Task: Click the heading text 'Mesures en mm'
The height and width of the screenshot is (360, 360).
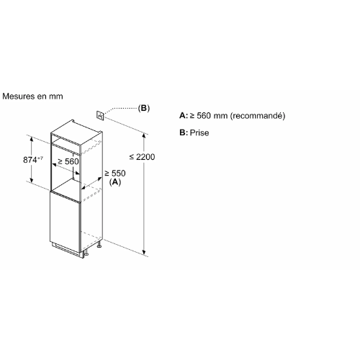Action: pyautogui.click(x=32, y=96)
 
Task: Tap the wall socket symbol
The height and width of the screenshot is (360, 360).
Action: pyautogui.click(x=100, y=116)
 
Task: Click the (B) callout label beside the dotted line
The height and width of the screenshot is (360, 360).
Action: pyautogui.click(x=144, y=108)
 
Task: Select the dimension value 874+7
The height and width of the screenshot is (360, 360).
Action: pyautogui.click(x=33, y=160)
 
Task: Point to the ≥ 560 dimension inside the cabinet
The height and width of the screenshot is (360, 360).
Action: pyautogui.click(x=68, y=161)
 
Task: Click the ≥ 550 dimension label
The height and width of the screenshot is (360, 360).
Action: pyautogui.click(x=115, y=173)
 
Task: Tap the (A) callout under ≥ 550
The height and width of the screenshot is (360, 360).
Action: pyautogui.click(x=115, y=182)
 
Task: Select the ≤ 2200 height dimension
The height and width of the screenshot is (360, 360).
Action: pyautogui.click(x=143, y=157)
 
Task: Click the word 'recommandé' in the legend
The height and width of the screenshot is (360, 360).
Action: pyautogui.click(x=258, y=116)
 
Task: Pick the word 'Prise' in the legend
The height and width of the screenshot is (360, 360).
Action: pyautogui.click(x=199, y=132)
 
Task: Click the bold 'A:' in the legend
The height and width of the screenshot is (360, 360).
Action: pyautogui.click(x=184, y=116)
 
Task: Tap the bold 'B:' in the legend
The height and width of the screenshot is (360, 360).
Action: pyautogui.click(x=184, y=132)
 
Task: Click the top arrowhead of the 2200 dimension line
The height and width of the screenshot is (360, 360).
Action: pyautogui.click(x=144, y=136)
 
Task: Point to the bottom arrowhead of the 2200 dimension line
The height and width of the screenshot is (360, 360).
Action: pyautogui.click(x=144, y=252)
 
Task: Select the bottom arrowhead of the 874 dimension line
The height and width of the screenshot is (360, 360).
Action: pyautogui.click(x=32, y=180)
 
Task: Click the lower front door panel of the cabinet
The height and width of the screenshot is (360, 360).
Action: pyautogui.click(x=65, y=222)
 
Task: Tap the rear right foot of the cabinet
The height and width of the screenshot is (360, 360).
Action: pyautogui.click(x=99, y=245)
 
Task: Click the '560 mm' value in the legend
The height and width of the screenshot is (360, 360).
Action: pyautogui.click(x=212, y=116)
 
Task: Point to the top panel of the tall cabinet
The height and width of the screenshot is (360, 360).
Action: pyautogui.click(x=76, y=132)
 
